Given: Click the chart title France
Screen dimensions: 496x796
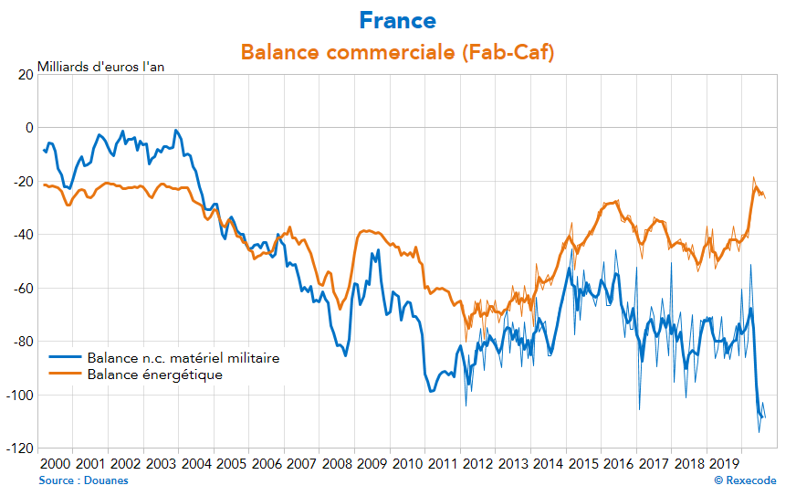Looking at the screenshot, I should pos(397,20).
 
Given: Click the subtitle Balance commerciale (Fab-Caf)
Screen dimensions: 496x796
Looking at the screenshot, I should pos(397,52).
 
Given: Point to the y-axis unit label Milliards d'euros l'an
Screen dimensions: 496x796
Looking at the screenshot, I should pos(100,67).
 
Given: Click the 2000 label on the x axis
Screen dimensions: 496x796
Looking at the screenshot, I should pos(54,464).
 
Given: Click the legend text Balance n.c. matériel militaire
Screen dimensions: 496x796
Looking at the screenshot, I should pos(183,358).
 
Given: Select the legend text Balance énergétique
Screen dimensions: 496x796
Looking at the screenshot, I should pos(154,374).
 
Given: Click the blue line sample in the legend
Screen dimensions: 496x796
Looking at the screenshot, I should pos(65,358).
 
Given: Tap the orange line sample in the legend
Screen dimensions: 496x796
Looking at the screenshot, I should pos(65,374).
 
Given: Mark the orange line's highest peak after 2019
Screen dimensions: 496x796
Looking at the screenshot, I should pos(754,178).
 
